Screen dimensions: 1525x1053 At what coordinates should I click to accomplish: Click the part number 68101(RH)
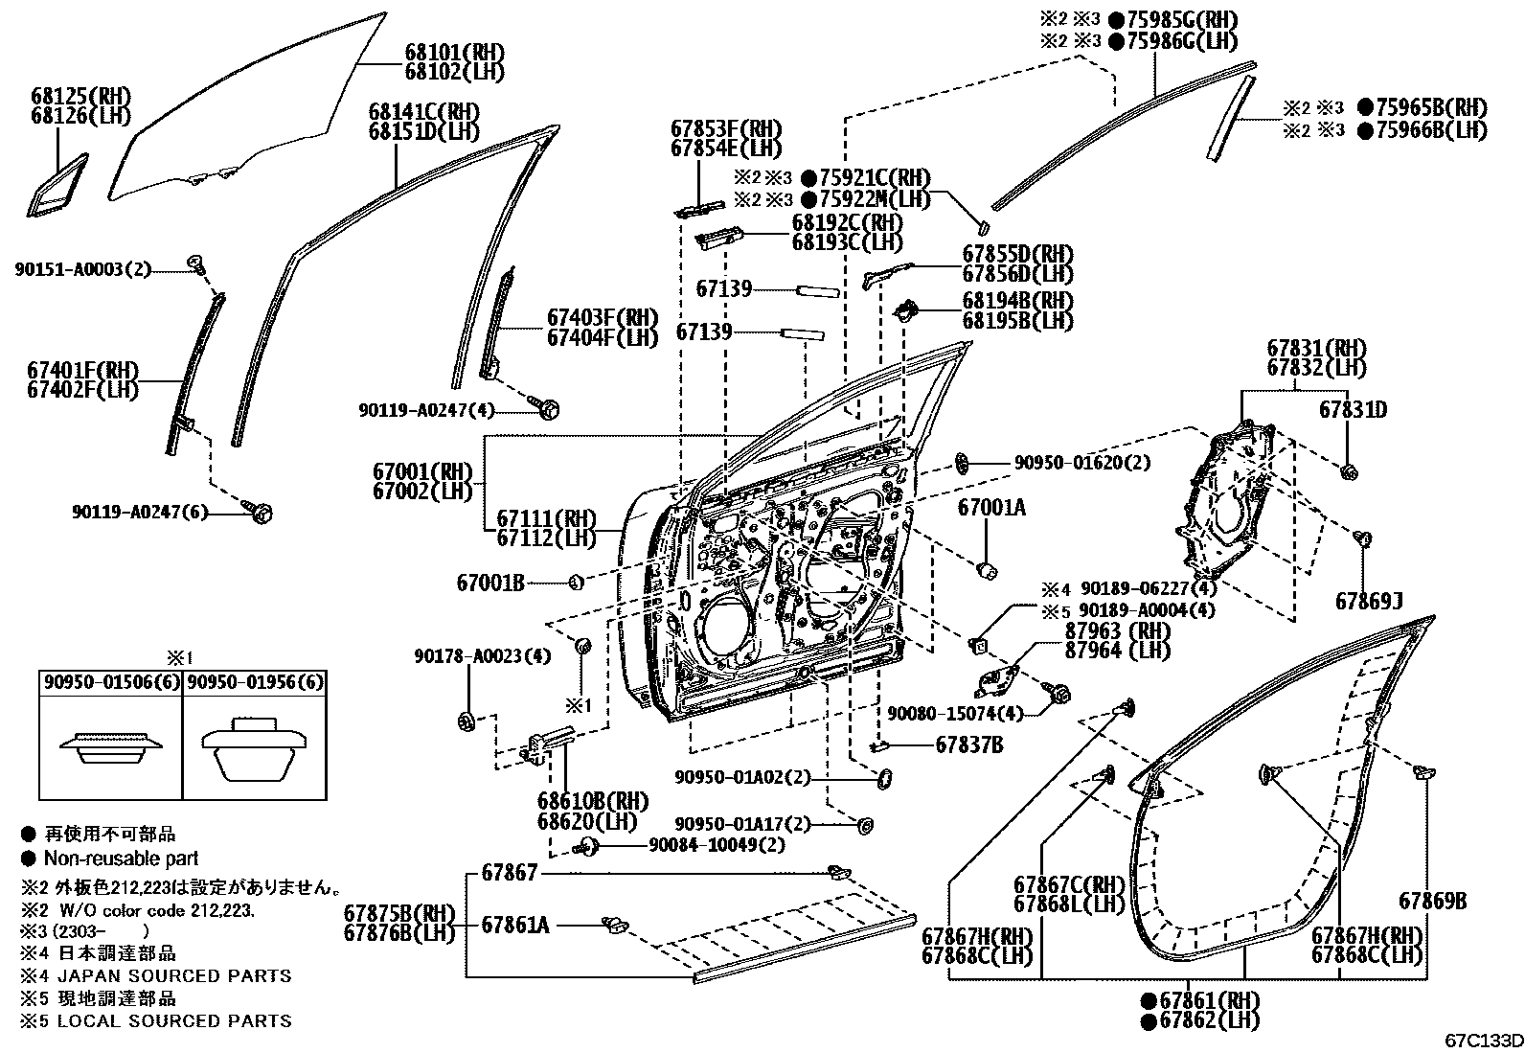click(x=455, y=53)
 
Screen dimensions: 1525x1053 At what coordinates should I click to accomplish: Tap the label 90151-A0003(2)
click(x=83, y=270)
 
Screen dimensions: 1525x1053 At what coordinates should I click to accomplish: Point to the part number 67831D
click(x=1353, y=409)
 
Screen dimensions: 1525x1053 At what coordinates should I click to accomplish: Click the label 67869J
click(x=1369, y=602)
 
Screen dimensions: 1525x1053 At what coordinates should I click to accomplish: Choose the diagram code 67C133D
click(x=1484, y=1042)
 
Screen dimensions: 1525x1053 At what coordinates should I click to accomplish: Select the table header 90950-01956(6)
click(x=256, y=682)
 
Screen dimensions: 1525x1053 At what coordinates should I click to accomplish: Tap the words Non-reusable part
click(x=122, y=858)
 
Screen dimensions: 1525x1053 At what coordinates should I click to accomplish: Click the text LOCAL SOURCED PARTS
click(x=174, y=1021)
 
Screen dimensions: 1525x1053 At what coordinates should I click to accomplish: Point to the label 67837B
click(x=969, y=745)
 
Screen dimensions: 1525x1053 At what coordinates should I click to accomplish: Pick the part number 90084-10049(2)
click(x=717, y=845)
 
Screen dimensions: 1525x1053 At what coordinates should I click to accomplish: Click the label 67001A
click(x=991, y=508)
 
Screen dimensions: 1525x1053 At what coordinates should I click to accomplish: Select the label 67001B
click(x=490, y=584)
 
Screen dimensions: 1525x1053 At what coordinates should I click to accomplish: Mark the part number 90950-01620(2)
click(x=1082, y=463)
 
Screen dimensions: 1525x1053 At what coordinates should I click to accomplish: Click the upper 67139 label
click(x=723, y=288)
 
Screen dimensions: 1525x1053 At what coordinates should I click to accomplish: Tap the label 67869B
click(x=1432, y=901)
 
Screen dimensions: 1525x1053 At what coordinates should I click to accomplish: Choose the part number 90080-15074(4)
click(x=955, y=713)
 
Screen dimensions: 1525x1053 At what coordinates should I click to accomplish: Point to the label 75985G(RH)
click(x=1182, y=20)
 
